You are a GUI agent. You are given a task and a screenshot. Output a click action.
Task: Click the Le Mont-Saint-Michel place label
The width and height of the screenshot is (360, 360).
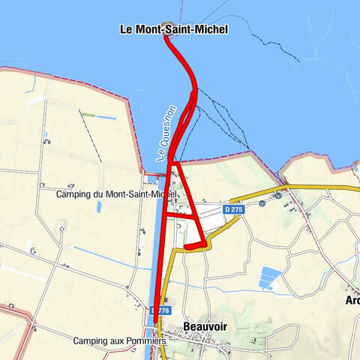[x=174, y=30]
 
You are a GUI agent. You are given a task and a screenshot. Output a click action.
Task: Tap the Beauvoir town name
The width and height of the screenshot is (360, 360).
[x=205, y=327]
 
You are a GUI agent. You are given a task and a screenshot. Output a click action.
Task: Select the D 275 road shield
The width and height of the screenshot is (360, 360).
[x=234, y=210]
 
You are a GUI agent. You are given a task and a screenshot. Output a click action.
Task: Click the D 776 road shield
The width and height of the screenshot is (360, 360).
[x=161, y=310]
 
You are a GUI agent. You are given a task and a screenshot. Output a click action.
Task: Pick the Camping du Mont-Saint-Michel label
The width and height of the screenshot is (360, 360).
[x=116, y=194]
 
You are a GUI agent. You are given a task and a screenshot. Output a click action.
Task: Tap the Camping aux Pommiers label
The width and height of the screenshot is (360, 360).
[x=119, y=341]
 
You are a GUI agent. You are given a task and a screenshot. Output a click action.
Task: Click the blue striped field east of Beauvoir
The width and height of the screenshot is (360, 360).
[x=269, y=278]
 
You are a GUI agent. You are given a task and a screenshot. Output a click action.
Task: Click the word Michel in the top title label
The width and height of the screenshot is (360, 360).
[x=212, y=30]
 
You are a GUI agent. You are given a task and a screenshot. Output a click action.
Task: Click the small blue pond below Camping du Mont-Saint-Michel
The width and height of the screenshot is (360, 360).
[x=98, y=206]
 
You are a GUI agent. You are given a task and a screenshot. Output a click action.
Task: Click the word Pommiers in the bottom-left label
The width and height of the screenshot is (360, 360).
[x=146, y=341]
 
